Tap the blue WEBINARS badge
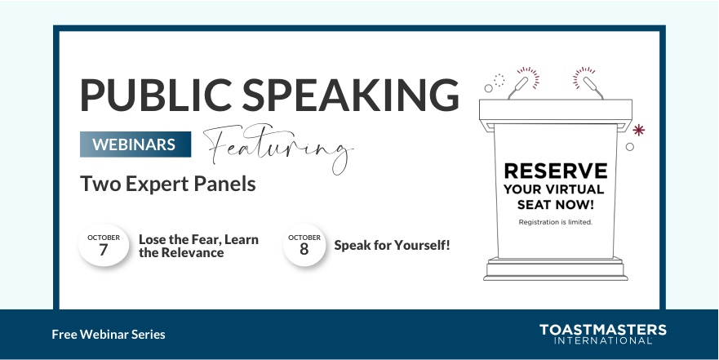135,144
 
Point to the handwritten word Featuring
277,148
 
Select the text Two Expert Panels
168,184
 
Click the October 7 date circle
104,245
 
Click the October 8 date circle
304,245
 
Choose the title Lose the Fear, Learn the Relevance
198,246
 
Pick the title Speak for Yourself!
392,245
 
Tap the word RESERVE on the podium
555,171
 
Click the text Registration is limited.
555,222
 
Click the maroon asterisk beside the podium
639,129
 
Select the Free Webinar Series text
109,335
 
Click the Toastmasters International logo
602,334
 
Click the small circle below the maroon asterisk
629,147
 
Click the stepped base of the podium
555,269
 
